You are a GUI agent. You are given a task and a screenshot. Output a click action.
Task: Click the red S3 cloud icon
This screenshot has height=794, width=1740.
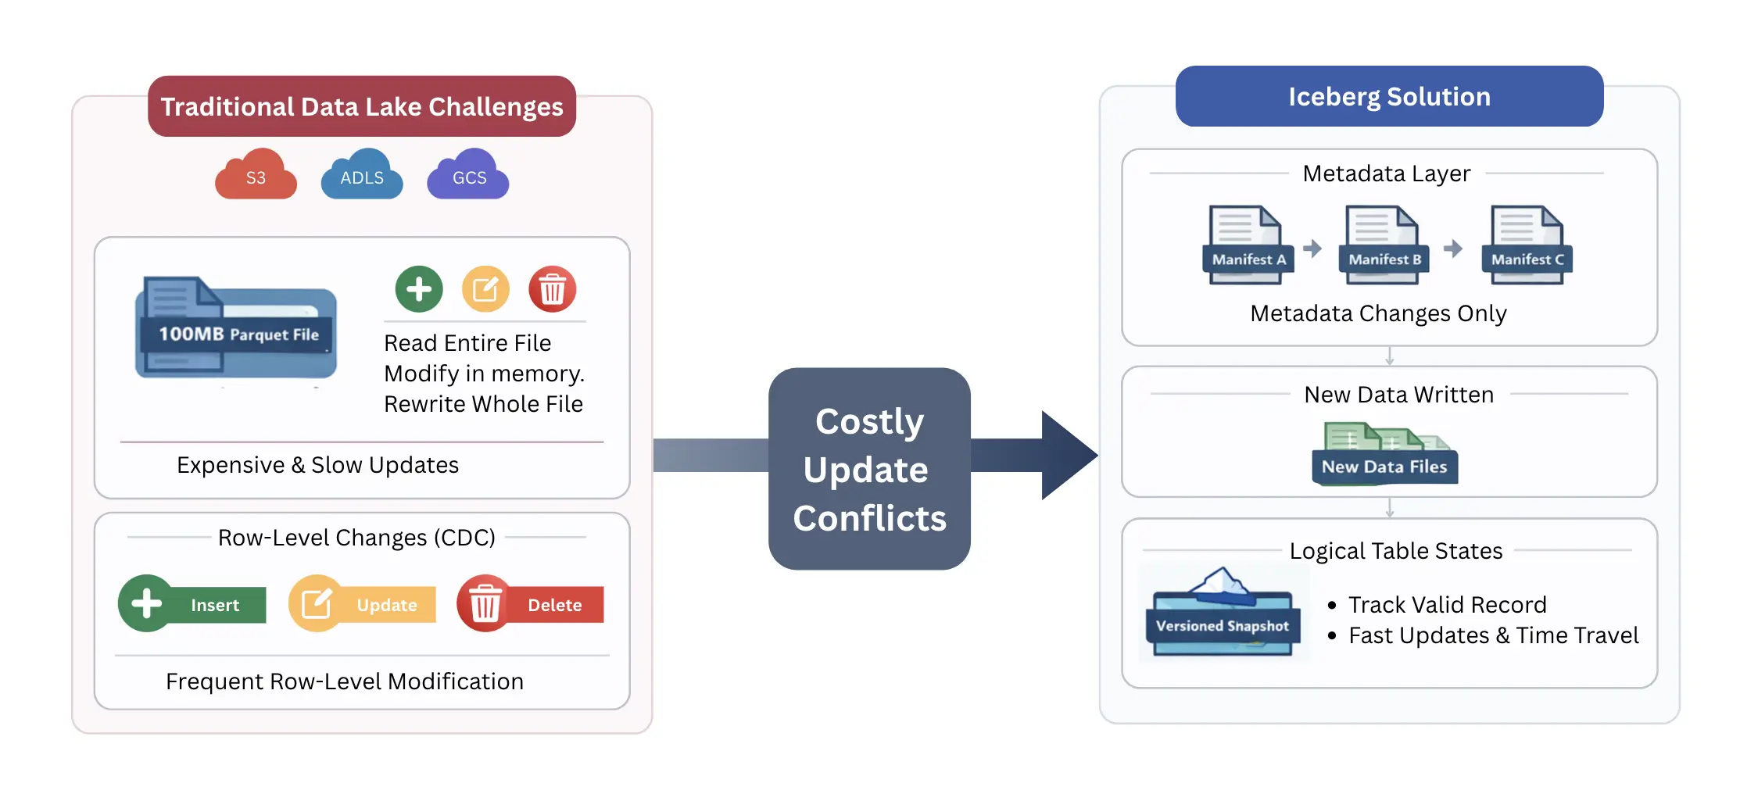[256, 176]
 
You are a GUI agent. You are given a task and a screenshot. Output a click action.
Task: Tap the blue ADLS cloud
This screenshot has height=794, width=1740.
[362, 176]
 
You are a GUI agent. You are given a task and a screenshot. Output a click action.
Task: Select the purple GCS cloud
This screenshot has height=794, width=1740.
[469, 176]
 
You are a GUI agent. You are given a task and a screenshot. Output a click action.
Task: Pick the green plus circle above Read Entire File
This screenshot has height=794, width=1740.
[419, 289]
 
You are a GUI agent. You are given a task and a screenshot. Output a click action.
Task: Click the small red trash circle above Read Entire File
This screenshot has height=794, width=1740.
[553, 289]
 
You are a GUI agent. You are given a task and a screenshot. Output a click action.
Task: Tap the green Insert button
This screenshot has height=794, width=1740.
[193, 604]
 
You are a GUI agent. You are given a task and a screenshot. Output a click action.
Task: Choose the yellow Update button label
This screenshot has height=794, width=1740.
[387, 605]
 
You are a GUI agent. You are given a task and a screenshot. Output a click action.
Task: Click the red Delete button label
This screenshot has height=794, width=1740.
[554, 605]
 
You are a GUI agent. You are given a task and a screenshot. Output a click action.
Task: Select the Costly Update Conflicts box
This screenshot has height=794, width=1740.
[869, 469]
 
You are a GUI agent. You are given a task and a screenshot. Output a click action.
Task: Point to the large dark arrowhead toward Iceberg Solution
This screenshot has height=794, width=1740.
[1068, 455]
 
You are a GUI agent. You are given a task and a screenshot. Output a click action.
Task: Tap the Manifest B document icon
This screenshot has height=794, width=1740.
[1384, 245]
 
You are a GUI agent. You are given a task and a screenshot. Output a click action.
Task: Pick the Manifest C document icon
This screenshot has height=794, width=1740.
[1527, 245]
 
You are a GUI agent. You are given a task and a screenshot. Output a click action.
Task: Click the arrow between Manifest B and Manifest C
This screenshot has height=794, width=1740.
[1453, 249]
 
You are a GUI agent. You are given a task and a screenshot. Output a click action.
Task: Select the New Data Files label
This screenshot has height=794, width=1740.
[1384, 467]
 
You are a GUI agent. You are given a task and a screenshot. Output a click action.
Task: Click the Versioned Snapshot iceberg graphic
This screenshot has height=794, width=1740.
[1223, 613]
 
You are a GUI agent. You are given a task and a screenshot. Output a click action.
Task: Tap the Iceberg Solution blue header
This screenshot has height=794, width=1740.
[1389, 96]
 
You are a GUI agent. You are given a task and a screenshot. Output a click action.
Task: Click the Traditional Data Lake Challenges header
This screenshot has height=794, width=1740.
[362, 106]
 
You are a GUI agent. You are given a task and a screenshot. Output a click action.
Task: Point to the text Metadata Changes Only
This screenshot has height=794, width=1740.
[1378, 313]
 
